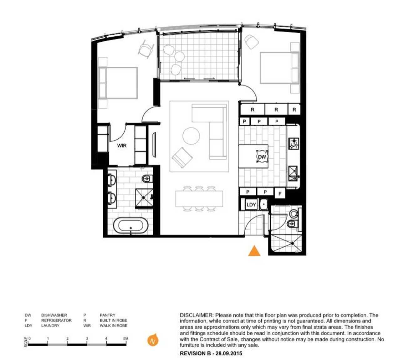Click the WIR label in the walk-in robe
click(122, 146)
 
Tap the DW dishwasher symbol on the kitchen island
click(262, 157)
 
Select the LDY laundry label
click(251, 205)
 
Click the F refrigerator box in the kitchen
click(280, 193)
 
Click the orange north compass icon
click(153, 341)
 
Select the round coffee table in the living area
click(191, 136)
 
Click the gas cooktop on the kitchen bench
click(294, 143)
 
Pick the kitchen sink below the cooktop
click(293, 173)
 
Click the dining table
click(199, 199)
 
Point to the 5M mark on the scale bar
click(126, 338)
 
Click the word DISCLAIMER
click(197, 315)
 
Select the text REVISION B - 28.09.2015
click(211, 353)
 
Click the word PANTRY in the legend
click(107, 315)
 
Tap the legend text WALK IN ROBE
click(113, 326)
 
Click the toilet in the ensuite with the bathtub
click(148, 178)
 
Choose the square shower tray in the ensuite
click(144, 198)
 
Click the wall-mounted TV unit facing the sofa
click(154, 145)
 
